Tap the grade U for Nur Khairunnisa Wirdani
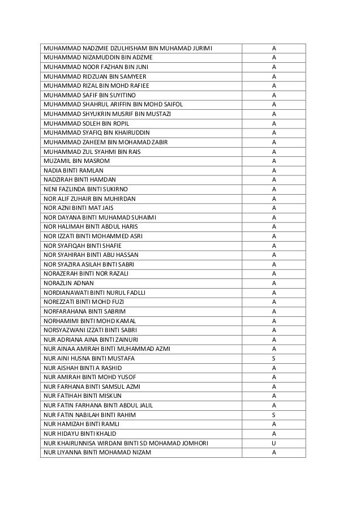[274, 443]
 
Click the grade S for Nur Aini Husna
[274, 358]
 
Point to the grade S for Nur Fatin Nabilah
[274, 415]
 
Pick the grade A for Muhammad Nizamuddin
[274, 57]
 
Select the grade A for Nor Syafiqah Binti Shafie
[274, 246]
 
